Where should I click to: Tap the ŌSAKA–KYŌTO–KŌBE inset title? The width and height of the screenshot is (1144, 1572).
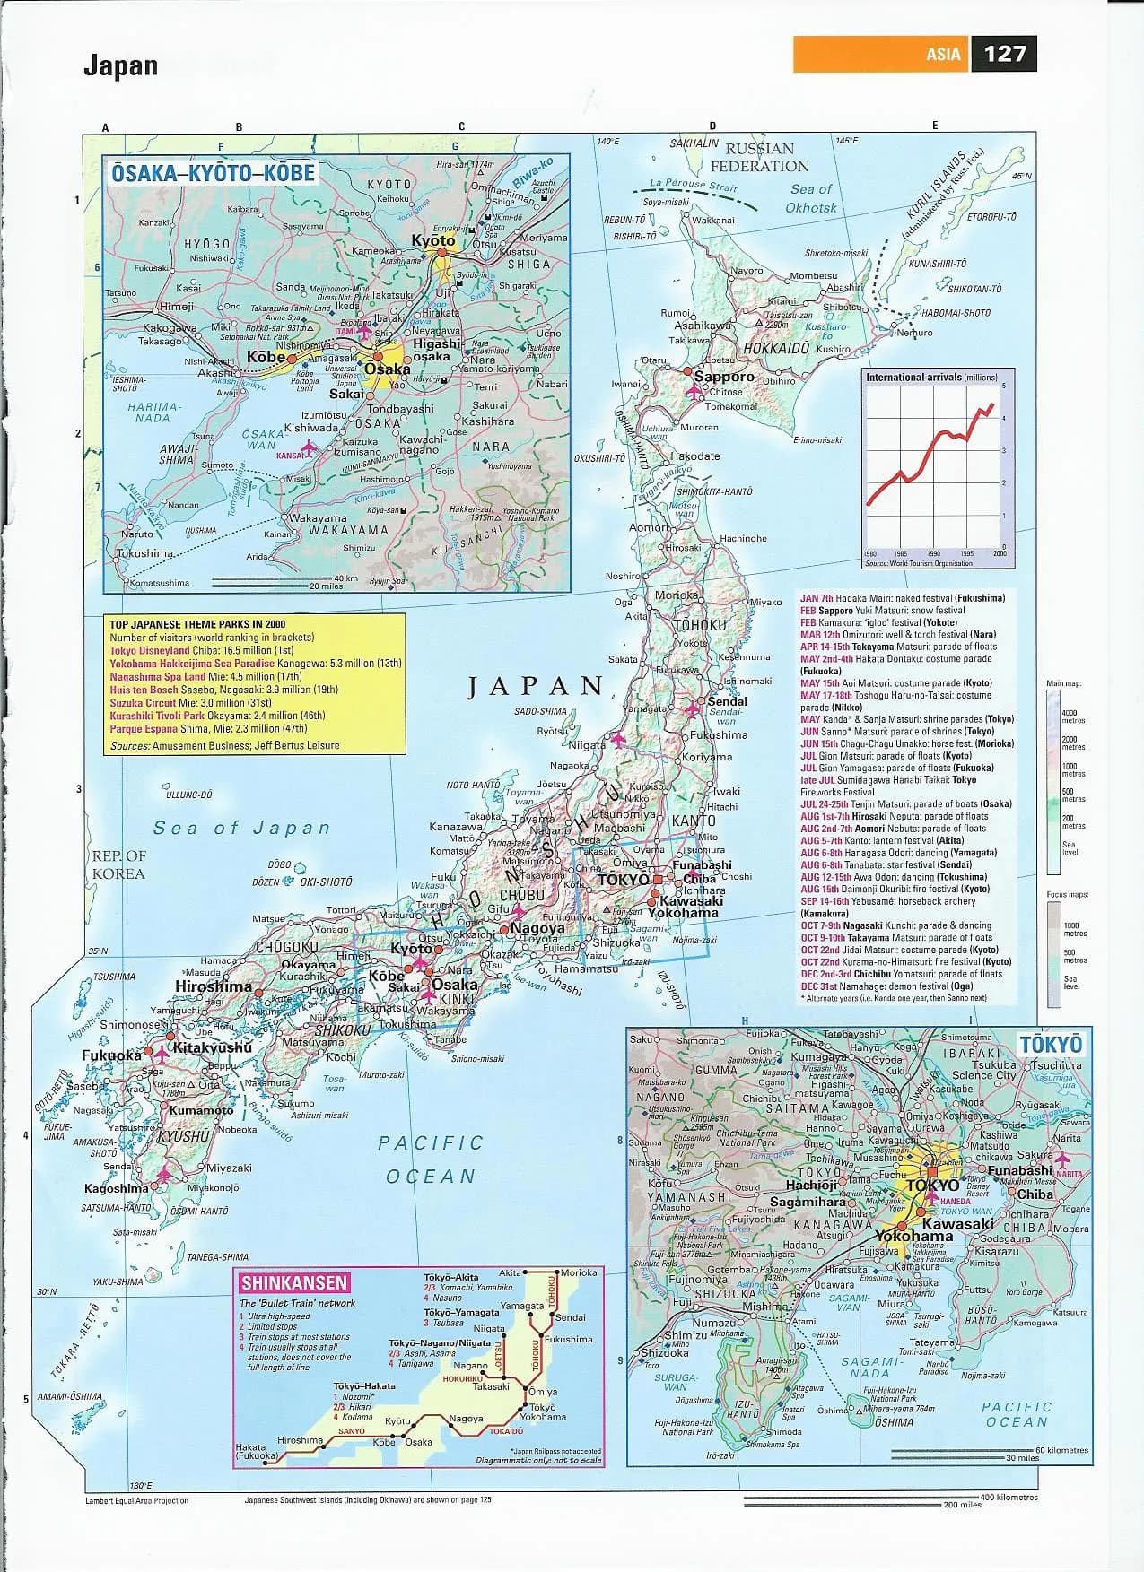(213, 173)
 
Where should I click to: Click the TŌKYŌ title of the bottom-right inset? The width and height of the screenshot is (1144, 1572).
(1051, 1044)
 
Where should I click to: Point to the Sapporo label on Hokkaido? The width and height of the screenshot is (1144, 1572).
(724, 377)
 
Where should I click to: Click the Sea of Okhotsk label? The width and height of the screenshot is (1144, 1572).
(811, 198)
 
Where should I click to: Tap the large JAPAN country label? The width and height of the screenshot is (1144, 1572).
(537, 687)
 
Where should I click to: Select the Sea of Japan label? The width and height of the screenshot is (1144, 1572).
(241, 828)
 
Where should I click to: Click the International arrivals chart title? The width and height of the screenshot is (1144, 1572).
(924, 378)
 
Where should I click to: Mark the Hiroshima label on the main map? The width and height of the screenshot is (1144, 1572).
(214, 986)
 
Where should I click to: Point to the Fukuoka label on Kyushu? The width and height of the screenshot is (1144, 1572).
(111, 1055)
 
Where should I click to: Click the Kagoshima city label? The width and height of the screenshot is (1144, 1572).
(116, 1188)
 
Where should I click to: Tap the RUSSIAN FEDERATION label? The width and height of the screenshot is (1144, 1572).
(759, 157)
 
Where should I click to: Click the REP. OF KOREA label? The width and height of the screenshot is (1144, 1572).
(118, 864)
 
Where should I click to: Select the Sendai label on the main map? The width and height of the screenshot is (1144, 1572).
(727, 701)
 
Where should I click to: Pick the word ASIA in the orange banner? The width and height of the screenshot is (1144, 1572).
(943, 55)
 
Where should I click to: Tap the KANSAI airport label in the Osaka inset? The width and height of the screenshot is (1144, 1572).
(291, 456)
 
